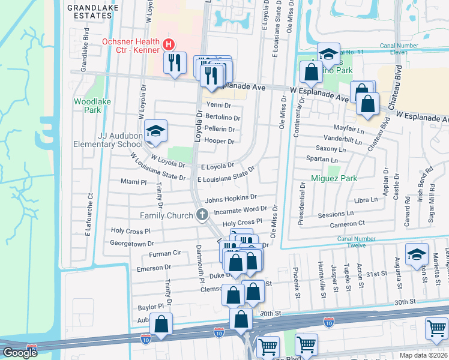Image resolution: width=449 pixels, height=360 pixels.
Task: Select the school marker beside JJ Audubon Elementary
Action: [155, 131]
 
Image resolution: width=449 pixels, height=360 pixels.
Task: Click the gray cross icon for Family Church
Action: [202, 215]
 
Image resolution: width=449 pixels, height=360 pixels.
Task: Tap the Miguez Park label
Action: [334, 178]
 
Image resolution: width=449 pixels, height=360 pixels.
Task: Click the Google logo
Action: [20, 353]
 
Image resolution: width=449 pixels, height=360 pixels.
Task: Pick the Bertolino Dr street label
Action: [223, 118]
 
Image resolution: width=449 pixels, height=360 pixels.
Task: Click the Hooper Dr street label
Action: [219, 141]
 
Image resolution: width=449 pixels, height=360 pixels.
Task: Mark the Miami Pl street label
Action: [133, 181]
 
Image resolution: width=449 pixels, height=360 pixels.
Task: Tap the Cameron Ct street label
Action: [346, 225]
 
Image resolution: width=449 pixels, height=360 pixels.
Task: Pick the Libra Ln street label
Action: [365, 200]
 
